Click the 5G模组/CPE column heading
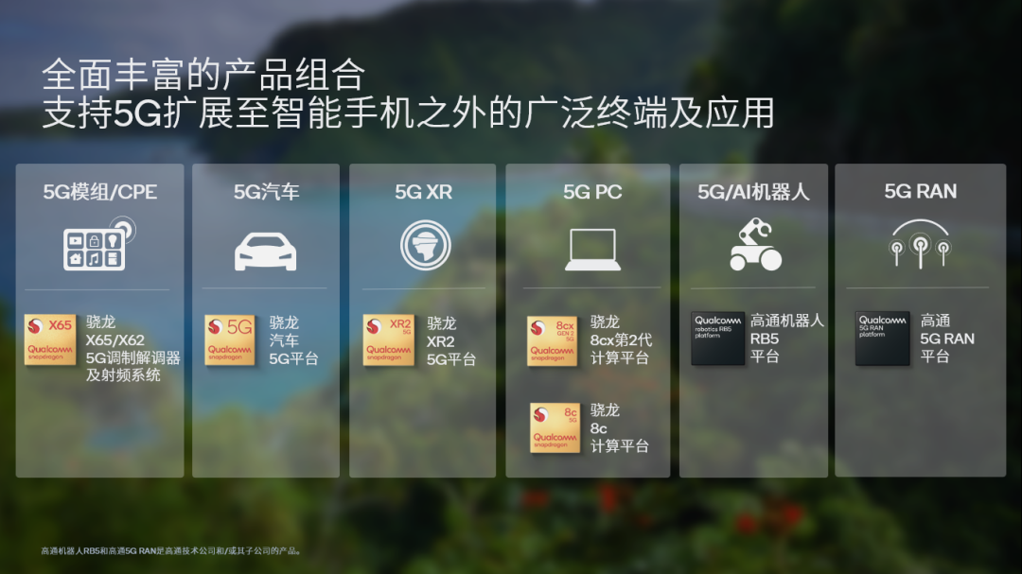pos(99,192)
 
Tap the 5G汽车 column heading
pos(266,192)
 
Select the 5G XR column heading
pos(423,192)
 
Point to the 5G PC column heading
pos(592,192)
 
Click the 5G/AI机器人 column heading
pos(753,192)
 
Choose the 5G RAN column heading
pos(920,192)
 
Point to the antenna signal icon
pos(920,243)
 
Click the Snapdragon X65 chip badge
pos(50,339)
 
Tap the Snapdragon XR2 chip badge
pos(388,339)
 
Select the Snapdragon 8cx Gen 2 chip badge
pos(553,341)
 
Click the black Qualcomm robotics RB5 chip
pos(717,338)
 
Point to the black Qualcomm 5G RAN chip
pos(882,338)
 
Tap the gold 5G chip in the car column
pos(230,339)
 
